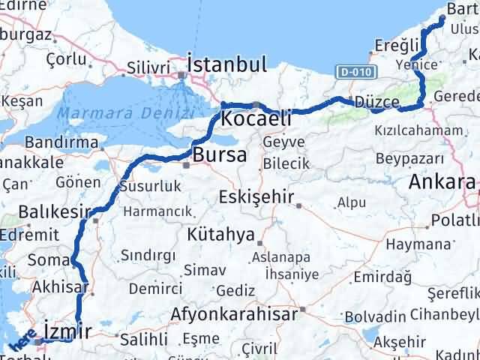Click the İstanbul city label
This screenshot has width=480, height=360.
point(226,63)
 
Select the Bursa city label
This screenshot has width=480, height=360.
point(219,155)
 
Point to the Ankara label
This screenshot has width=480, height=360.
point(442,181)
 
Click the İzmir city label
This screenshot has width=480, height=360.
point(67,330)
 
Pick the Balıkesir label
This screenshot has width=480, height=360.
point(55,211)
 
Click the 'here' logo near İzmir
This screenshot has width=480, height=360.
point(23,343)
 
